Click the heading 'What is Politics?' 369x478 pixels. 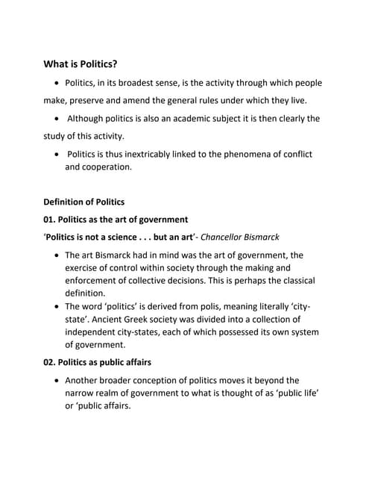[x=85, y=64]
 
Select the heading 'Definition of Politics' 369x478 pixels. [x=83, y=202]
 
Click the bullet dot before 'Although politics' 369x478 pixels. [x=58, y=119]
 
